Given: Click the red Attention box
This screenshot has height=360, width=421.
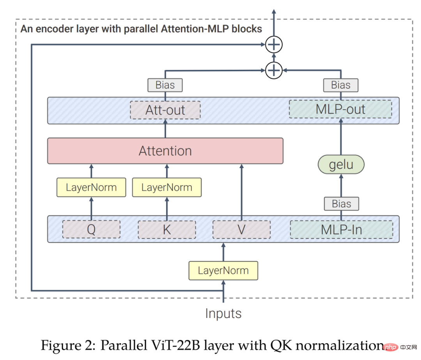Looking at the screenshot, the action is tap(165, 151).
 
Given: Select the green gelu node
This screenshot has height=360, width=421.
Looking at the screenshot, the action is tap(341, 164).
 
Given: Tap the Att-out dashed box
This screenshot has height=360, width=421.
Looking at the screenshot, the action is tap(165, 110).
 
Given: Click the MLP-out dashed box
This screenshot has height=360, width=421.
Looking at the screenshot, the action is tap(340, 109).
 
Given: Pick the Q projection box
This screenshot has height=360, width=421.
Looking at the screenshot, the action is tap(91, 229).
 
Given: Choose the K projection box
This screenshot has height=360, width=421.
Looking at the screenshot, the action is tap(167, 230).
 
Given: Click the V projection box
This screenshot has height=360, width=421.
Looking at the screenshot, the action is tap(241, 230).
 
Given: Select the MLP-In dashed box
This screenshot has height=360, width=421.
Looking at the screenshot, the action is tap(341, 230).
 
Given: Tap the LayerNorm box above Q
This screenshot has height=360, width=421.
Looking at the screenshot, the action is tap(91, 187).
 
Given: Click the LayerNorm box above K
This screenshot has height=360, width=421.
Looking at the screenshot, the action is tap(167, 187).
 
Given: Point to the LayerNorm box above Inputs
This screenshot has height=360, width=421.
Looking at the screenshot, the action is tap(223, 271).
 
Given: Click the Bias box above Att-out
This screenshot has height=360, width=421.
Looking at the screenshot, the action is tap(165, 85).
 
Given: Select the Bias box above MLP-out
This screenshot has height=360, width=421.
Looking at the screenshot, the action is tap(341, 85).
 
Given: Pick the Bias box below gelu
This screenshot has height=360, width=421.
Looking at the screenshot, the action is tap(341, 204).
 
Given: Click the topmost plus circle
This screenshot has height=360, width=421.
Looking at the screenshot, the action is tap(274, 44).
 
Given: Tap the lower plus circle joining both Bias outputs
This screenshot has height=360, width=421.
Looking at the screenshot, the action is tap(274, 70).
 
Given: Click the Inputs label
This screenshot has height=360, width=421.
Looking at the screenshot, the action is tap(223, 314).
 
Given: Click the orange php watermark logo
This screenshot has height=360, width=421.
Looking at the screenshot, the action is tap(391, 347).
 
